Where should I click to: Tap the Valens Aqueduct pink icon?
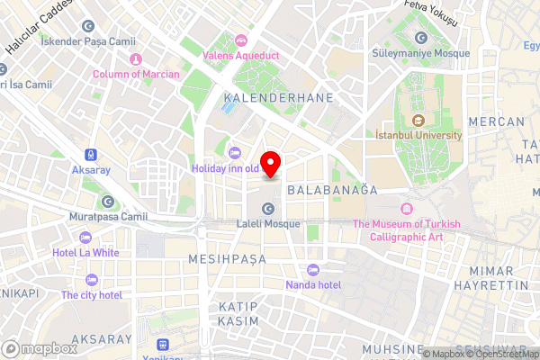(240, 40)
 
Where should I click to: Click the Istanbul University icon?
(418, 121)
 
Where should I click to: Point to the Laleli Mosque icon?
(267, 209)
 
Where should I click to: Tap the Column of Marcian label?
(136, 74)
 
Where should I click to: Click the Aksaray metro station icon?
(90, 155)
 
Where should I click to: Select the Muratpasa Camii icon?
(108, 202)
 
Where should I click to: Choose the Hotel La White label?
(85, 253)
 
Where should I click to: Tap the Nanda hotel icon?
(312, 270)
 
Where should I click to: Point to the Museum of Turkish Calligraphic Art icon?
(406, 209)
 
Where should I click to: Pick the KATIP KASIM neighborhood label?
(238, 314)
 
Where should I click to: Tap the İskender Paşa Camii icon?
(87, 25)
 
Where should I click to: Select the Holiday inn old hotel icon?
(235, 151)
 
